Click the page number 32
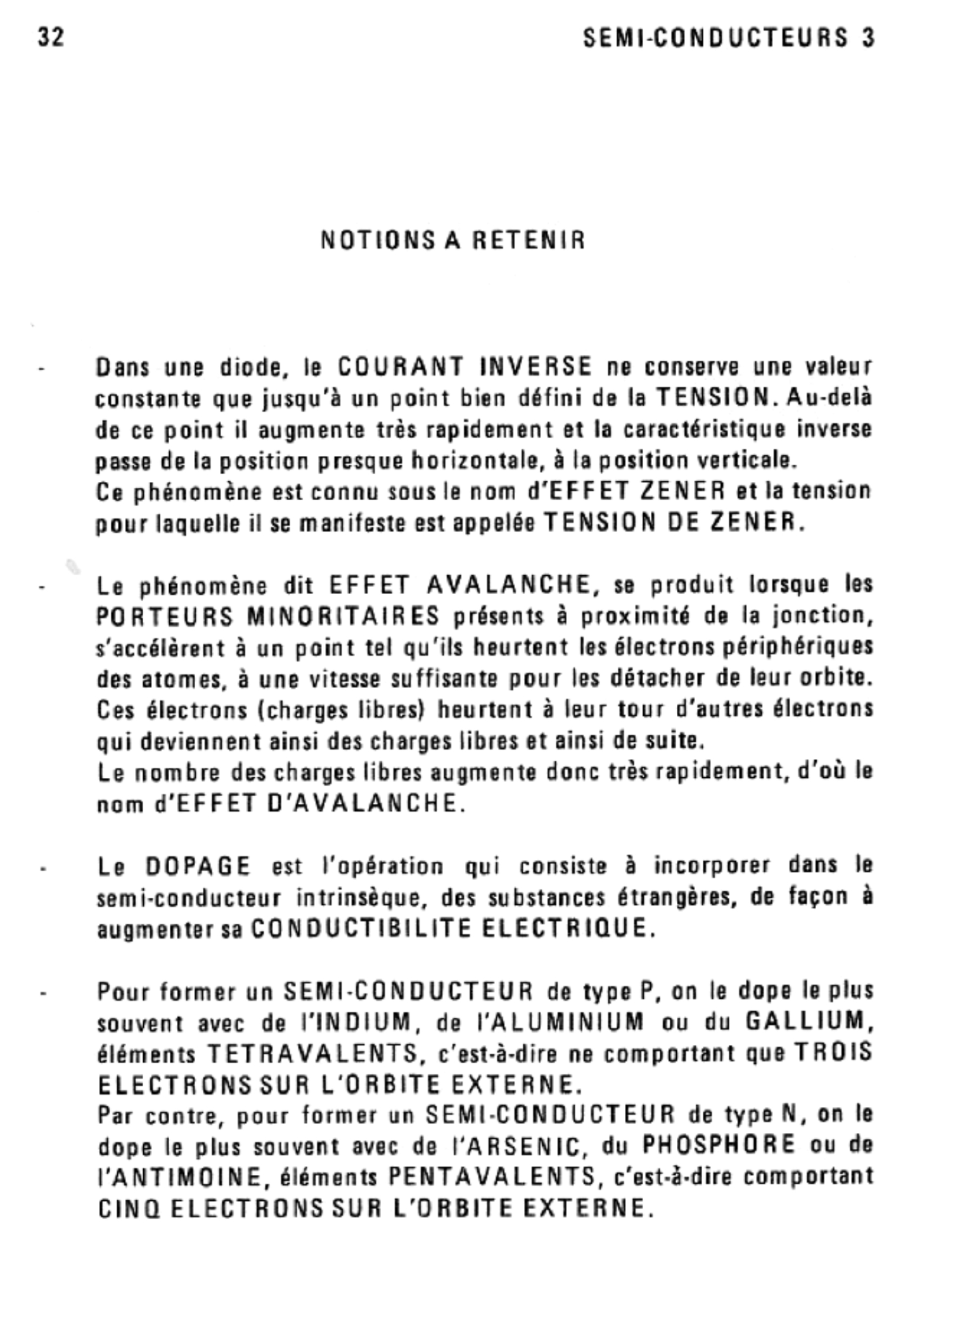coord(51,37)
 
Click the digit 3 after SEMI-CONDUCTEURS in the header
coord(868,38)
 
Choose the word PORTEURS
coord(164,617)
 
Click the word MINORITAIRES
coord(343,617)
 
